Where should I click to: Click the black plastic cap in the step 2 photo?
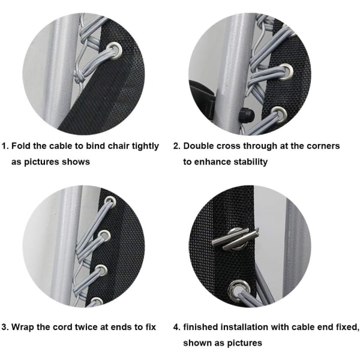coord(247,114)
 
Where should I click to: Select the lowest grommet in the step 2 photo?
coord(280,114)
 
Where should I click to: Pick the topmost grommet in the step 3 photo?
coord(110,202)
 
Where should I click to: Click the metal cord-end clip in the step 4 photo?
coord(235,238)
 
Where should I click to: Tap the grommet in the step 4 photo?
coord(239,290)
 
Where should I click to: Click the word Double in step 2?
coord(199,146)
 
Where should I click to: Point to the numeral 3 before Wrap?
coord(4,327)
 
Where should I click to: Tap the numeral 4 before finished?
coord(176,327)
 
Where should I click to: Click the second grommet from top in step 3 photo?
coord(104,236)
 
